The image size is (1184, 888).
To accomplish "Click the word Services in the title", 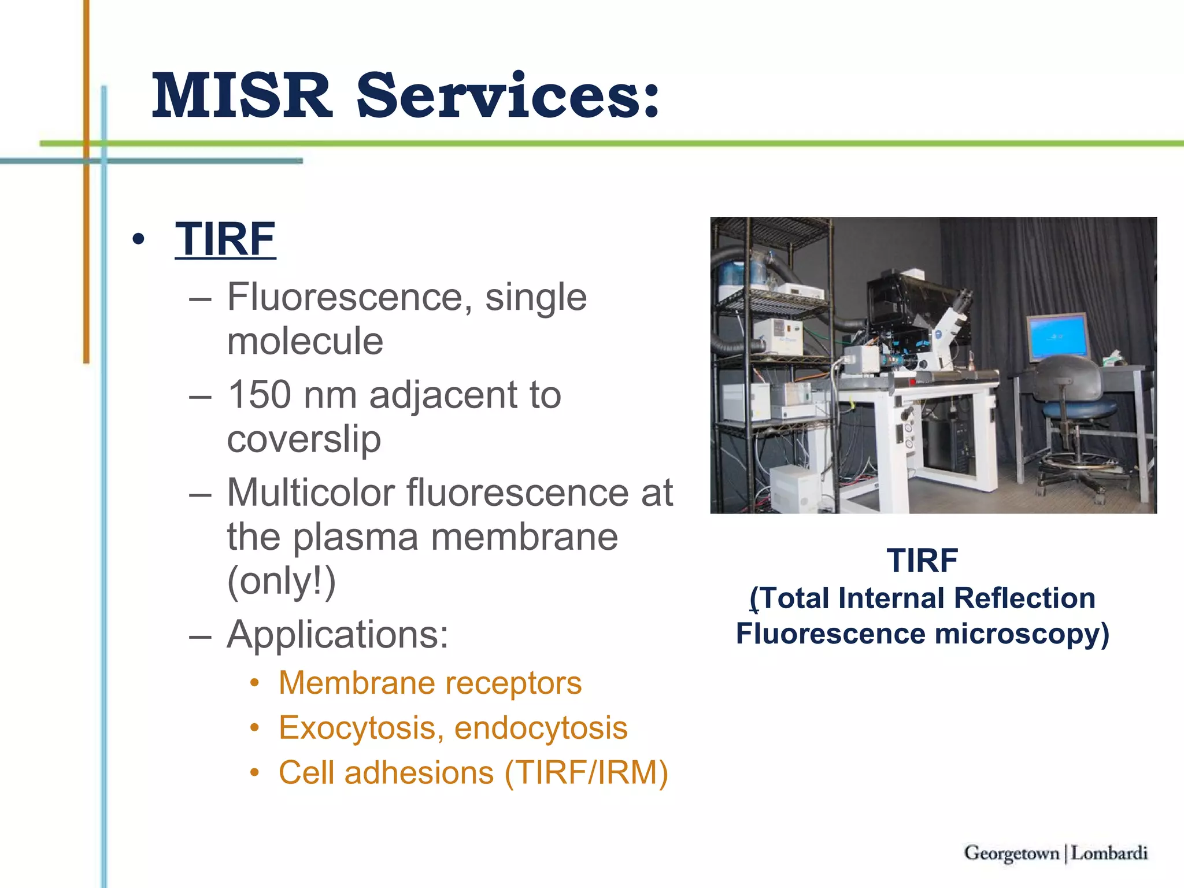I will click(508, 95).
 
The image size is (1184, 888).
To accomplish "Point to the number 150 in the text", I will click(259, 395).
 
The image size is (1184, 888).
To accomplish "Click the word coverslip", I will click(304, 439).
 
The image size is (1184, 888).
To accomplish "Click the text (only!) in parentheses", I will click(282, 581).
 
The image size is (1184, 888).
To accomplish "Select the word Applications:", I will click(338, 635).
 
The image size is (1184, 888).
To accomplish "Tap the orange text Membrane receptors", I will click(430, 683).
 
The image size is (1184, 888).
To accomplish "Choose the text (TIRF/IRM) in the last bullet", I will click(586, 773).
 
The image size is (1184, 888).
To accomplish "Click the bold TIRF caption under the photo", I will click(922, 560).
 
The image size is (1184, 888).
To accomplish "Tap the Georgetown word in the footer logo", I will click(1011, 853).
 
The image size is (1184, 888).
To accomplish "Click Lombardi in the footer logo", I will click(1109, 853).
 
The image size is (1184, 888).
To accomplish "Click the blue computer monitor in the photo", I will click(1057, 337).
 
